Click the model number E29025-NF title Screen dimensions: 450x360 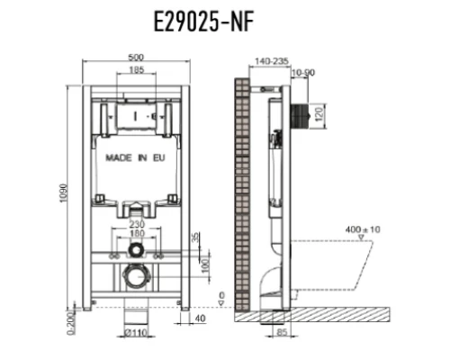click(203, 21)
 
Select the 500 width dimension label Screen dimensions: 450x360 click(136, 57)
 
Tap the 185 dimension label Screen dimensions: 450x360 click(137, 69)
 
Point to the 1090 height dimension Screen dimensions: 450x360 click(63, 193)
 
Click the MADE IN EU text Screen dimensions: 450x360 click(135, 157)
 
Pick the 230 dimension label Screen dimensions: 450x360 click(137, 224)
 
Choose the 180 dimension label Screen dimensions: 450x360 click(137, 233)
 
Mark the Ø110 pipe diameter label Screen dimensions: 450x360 click(137, 332)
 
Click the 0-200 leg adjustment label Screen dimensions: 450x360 click(71, 323)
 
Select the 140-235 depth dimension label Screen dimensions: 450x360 click(272, 61)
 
